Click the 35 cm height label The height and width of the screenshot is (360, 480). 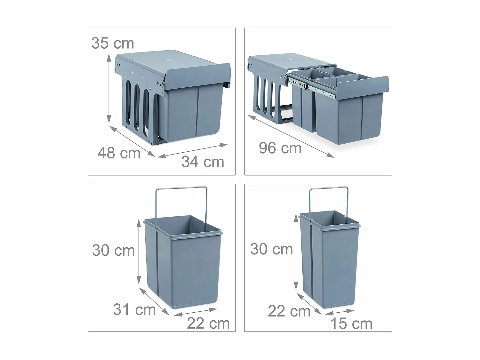113,43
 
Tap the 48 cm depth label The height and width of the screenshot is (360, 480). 119,153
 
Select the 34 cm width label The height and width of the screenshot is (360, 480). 203,162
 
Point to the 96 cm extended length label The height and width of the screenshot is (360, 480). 280,148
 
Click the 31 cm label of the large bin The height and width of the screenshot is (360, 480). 134,309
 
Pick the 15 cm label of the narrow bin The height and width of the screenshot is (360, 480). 351,324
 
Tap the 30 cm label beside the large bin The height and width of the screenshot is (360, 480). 113,250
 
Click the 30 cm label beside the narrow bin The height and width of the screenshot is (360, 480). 271,249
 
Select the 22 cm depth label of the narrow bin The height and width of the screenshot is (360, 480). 289,311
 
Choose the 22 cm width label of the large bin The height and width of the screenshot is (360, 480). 208,324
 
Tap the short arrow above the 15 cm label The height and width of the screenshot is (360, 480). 339,312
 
